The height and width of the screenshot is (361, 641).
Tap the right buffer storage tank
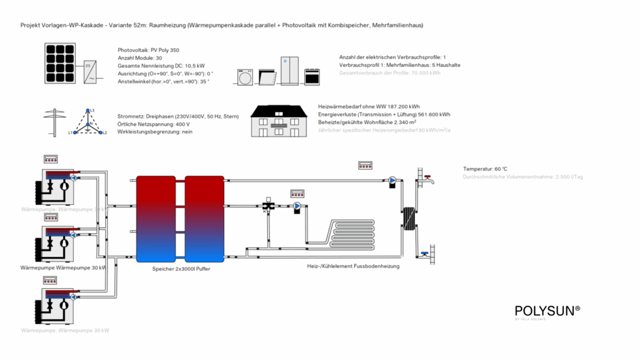[204, 218]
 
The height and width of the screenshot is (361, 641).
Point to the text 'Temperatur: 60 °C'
[485, 169]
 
